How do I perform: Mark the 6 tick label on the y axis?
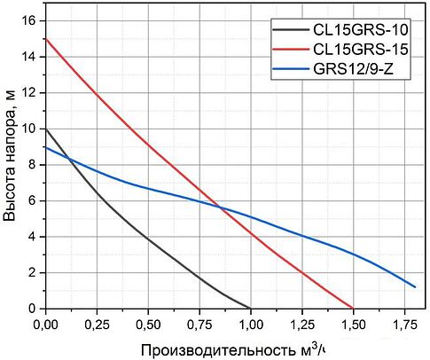click(32, 200)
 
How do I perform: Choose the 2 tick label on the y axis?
click(32, 272)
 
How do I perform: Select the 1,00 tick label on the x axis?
click(251, 323)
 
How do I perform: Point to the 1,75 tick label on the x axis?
click(405, 323)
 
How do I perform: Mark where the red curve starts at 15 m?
click(45, 39)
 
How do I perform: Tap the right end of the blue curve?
click(415, 286)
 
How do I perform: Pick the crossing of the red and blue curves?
click(219, 208)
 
